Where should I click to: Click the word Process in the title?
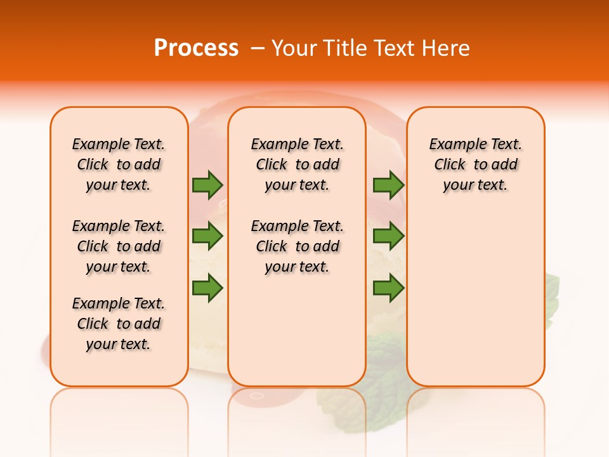coord(196,48)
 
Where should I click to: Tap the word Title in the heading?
coord(347,48)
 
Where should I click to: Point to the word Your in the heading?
coord(296,48)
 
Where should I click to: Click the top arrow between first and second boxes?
coord(207,185)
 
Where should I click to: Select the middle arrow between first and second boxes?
coord(207,237)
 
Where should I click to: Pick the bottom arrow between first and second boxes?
coord(207,288)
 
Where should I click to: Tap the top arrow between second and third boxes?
coord(388,185)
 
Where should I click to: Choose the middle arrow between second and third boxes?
coord(388,237)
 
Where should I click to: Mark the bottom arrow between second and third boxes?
coord(388,288)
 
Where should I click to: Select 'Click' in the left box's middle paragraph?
coord(93,246)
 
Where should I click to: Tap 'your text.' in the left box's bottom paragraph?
coord(118,344)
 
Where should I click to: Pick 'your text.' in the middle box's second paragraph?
coord(297,267)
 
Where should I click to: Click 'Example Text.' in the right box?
coord(475,144)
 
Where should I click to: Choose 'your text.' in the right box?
coord(475,185)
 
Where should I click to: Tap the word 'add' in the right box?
coord(504,164)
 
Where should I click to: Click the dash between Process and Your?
coord(258,48)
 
